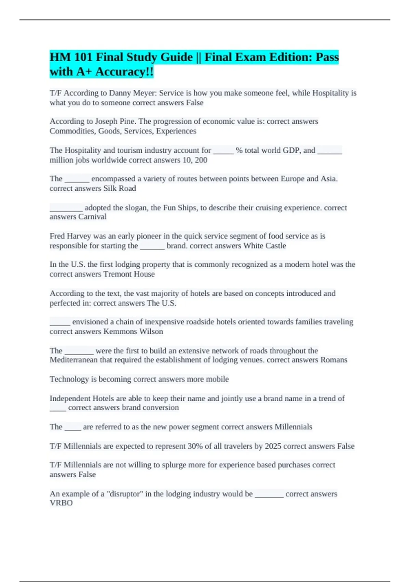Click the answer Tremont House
(x=129, y=274)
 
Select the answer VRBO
(x=61, y=503)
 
